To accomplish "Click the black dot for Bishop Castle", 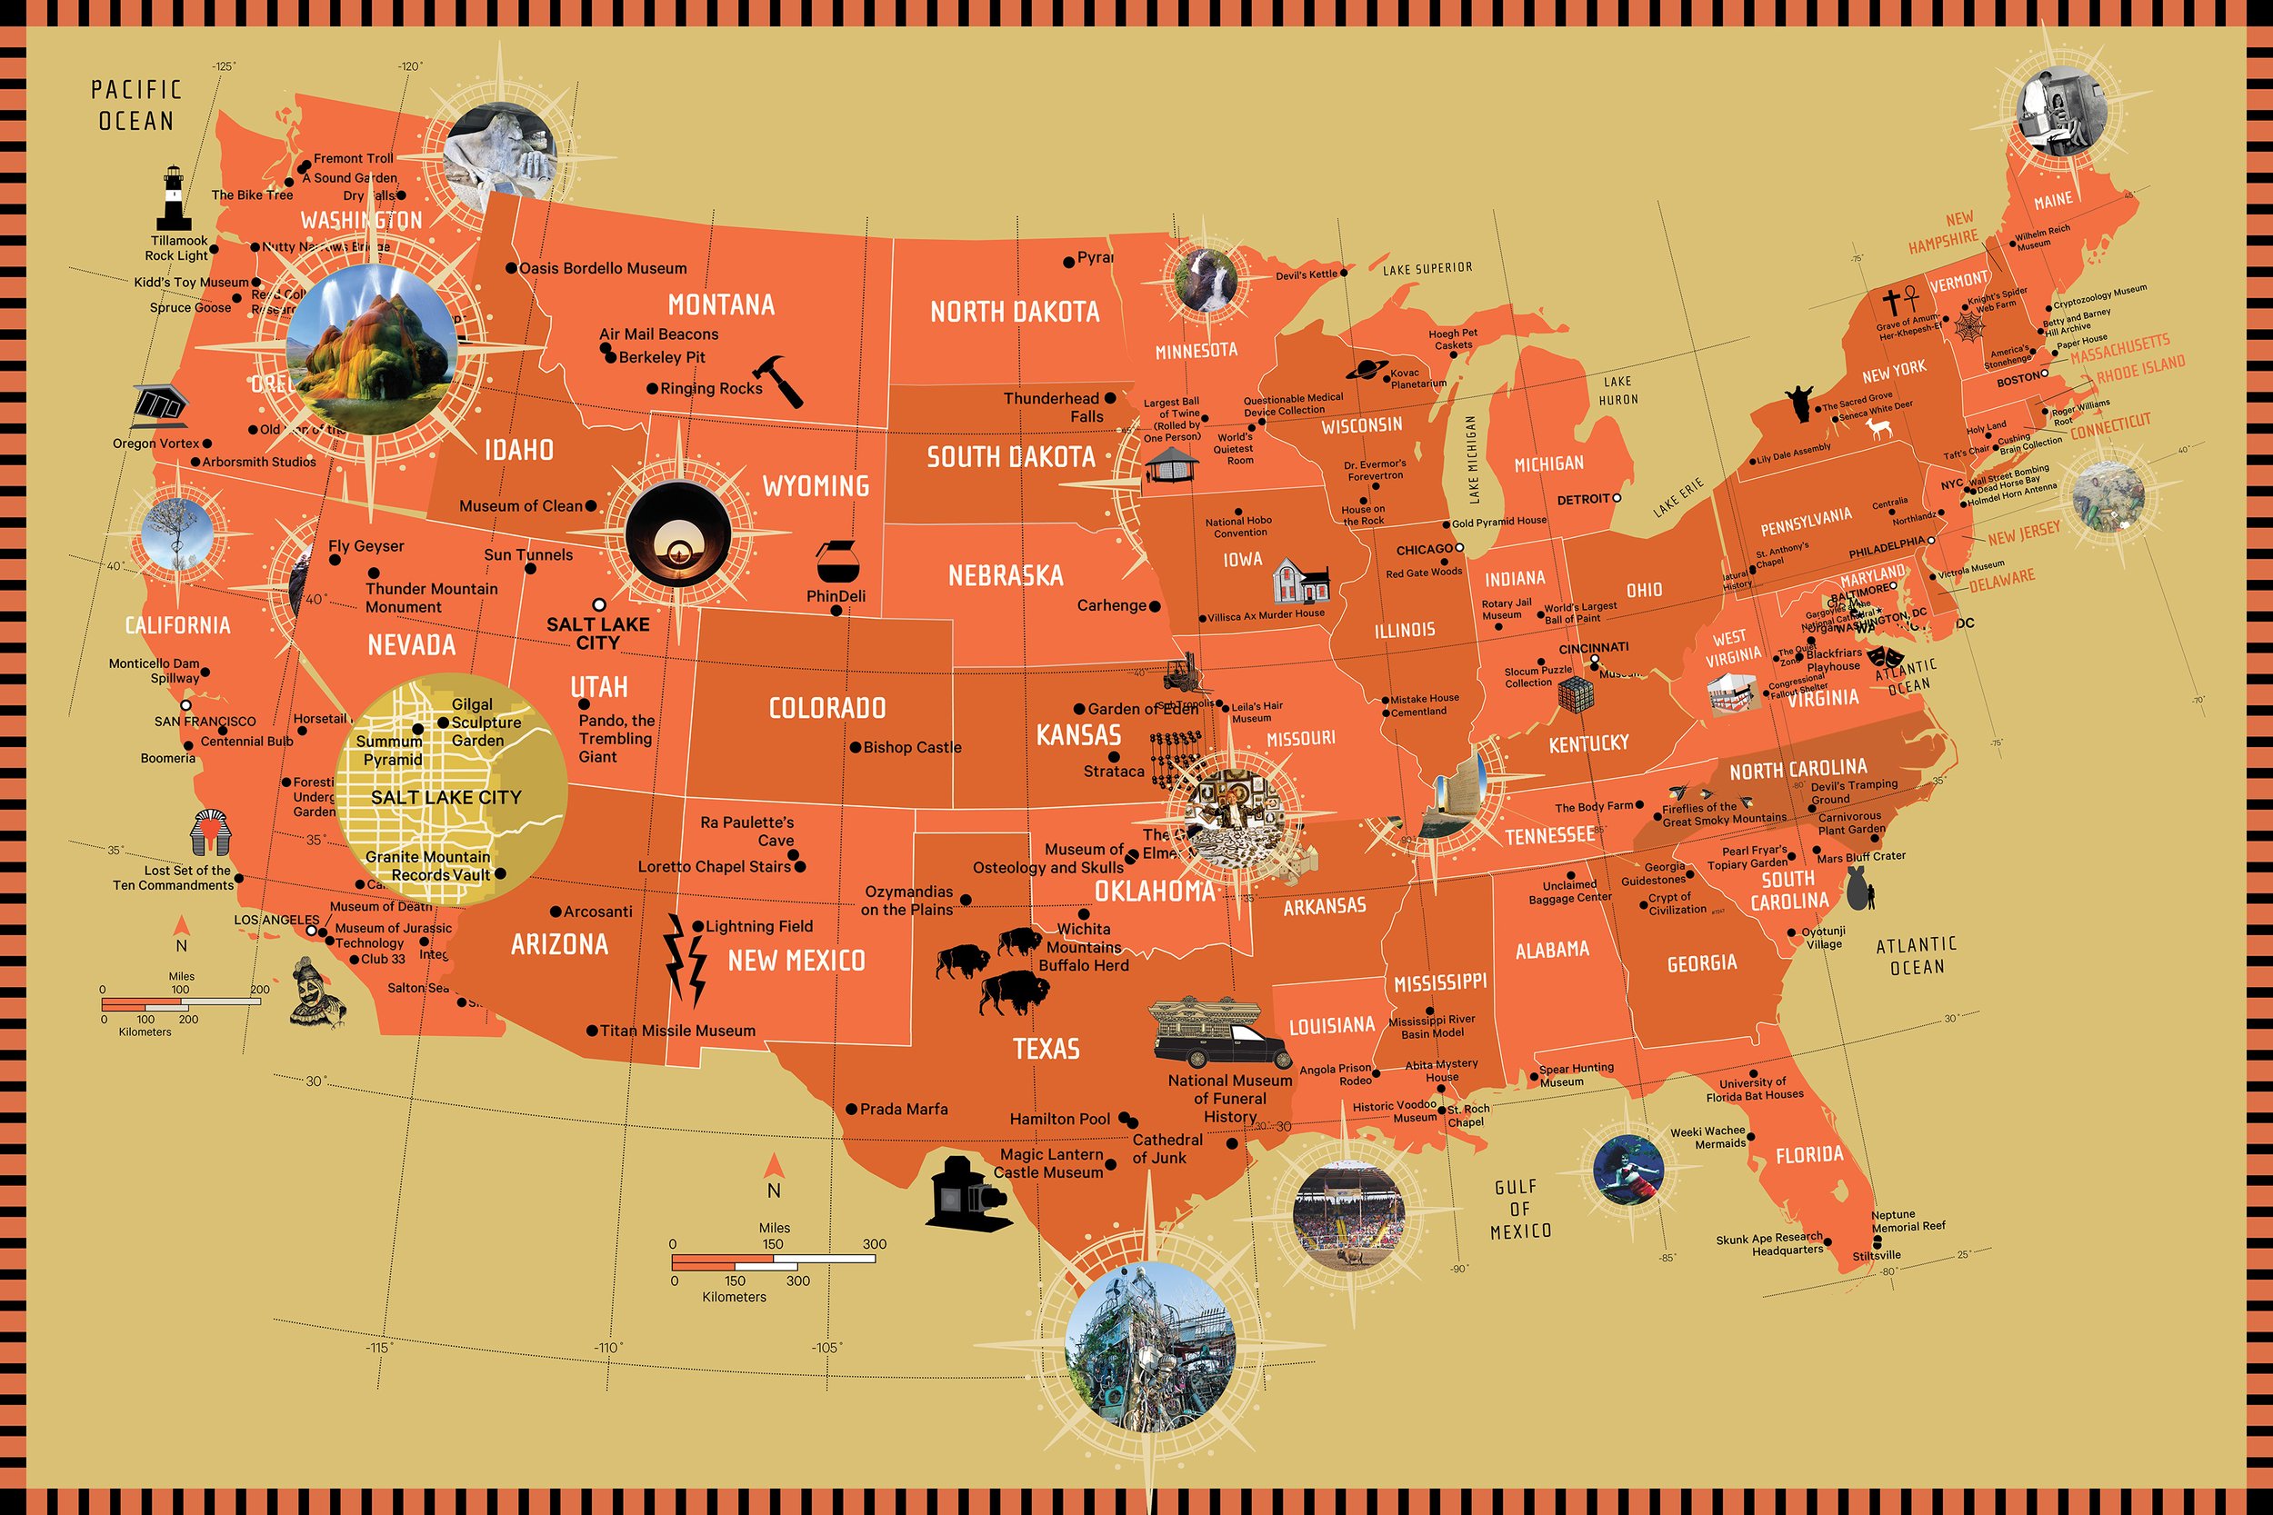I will (x=856, y=747).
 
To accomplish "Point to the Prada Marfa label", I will (x=904, y=1109).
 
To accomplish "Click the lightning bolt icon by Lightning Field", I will (x=685, y=960).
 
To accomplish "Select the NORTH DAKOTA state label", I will (x=1014, y=312).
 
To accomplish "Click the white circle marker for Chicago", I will (x=1460, y=548).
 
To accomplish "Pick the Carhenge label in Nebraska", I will (x=1111, y=606).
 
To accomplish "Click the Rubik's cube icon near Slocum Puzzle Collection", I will (x=1575, y=693).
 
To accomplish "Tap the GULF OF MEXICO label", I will (x=1520, y=1208).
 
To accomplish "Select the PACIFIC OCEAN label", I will (x=136, y=105).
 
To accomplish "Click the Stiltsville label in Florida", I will (x=1876, y=1256).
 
